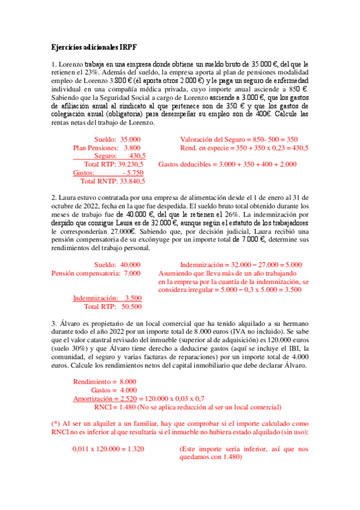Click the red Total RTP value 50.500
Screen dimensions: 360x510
pos(131,306)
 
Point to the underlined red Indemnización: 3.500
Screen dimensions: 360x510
pos(107,298)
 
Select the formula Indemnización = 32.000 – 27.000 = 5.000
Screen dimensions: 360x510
pos(241,247)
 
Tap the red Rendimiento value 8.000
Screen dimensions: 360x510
pos(128,382)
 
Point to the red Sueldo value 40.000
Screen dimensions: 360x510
pos(130,247)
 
